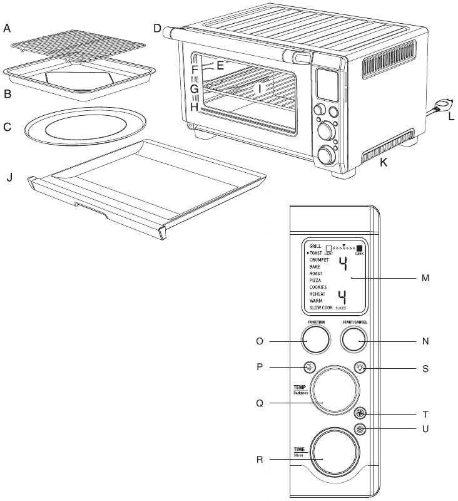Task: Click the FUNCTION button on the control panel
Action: coord(316,341)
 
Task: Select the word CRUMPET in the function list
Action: coord(320,259)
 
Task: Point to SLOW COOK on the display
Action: coord(322,308)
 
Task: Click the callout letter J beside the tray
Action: coord(9,177)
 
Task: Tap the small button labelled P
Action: coord(308,368)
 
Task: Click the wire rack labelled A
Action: coord(79,46)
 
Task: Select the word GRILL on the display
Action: coord(316,246)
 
